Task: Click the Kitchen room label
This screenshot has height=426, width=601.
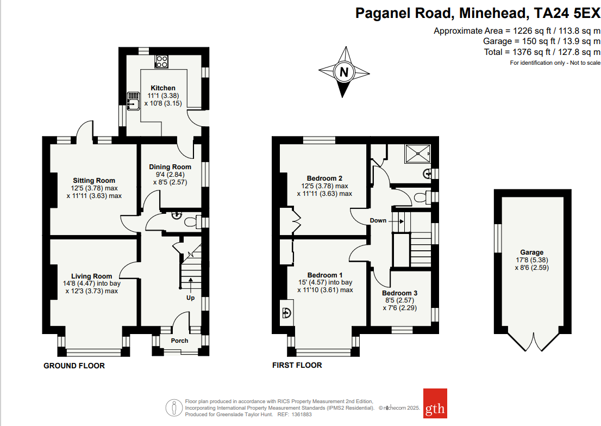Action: pyautogui.click(x=163, y=88)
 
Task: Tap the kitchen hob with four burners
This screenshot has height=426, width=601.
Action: pyautogui.click(x=161, y=61)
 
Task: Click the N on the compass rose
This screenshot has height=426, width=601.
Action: pyautogui.click(x=343, y=72)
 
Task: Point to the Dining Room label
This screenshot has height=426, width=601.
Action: pyautogui.click(x=170, y=167)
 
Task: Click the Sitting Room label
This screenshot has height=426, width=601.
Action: pyautogui.click(x=94, y=181)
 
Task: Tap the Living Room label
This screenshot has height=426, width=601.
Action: pyautogui.click(x=91, y=276)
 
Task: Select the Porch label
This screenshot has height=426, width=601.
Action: pyautogui.click(x=179, y=341)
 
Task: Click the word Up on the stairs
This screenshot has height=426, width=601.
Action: pyautogui.click(x=190, y=298)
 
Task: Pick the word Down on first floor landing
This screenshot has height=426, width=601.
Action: pyautogui.click(x=378, y=220)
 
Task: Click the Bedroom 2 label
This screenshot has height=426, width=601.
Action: pyautogui.click(x=324, y=178)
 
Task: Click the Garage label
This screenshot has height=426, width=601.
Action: pyautogui.click(x=531, y=252)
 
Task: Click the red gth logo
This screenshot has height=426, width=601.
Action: pyautogui.click(x=435, y=403)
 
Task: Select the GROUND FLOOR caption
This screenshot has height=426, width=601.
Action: pyautogui.click(x=74, y=366)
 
